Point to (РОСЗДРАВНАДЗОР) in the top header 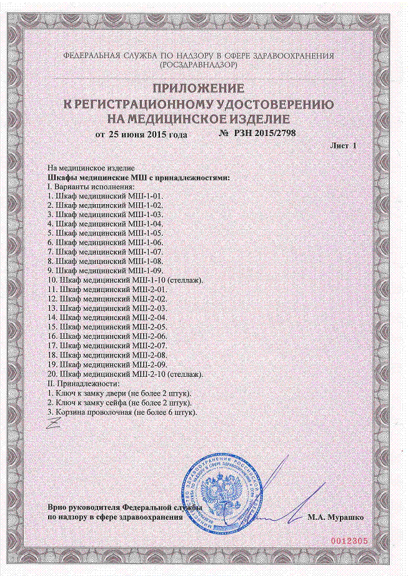199,64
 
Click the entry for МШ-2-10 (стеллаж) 125,374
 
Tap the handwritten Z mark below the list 55,424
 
